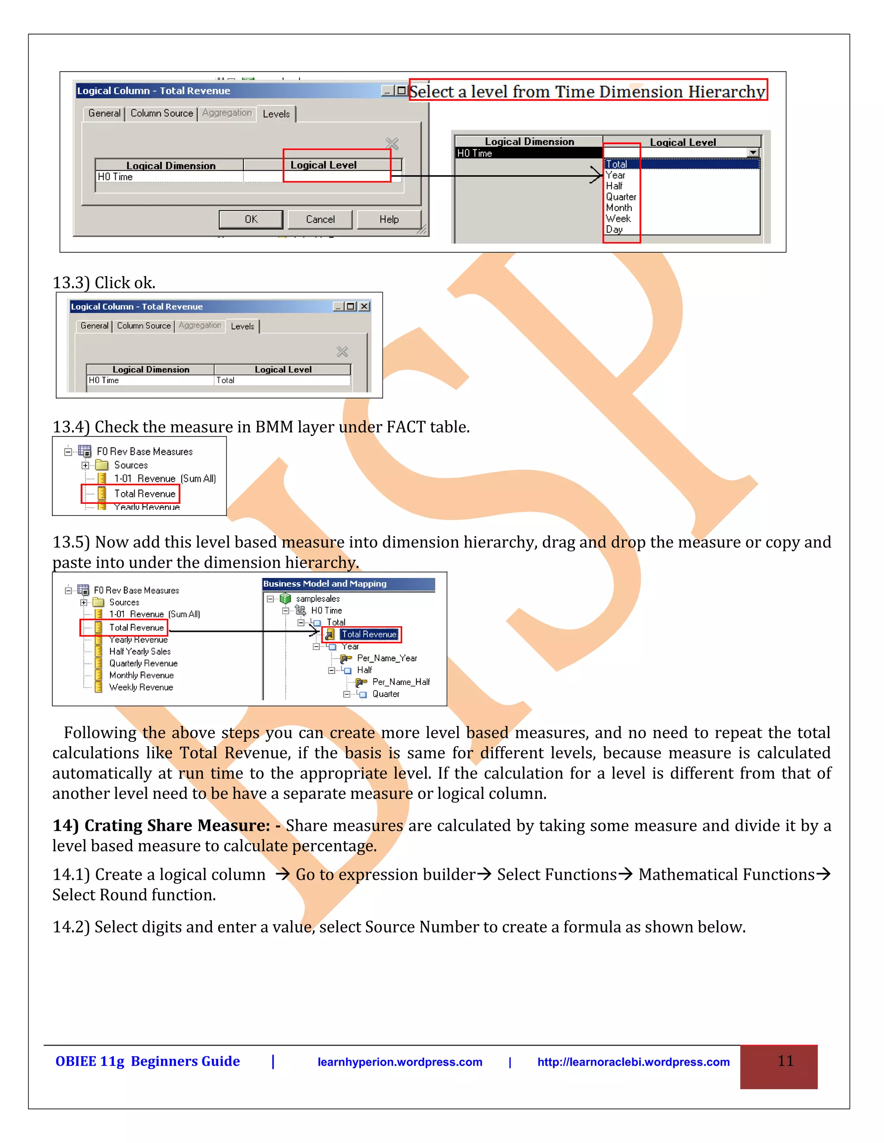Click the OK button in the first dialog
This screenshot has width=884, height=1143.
pyautogui.click(x=251, y=219)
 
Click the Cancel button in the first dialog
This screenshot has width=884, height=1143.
pyautogui.click(x=320, y=219)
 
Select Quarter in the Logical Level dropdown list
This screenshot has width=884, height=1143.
pyautogui.click(x=621, y=197)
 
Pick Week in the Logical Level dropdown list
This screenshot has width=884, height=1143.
pyautogui.click(x=618, y=218)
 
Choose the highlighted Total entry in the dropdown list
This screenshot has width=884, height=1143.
pyautogui.click(x=616, y=164)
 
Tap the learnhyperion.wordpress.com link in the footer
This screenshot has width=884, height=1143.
pyautogui.click(x=400, y=1061)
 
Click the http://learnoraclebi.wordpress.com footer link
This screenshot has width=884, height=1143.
pyautogui.click(x=633, y=1061)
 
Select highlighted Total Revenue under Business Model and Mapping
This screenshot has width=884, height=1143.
pyautogui.click(x=369, y=634)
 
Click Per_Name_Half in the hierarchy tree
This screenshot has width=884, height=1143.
pyautogui.click(x=401, y=681)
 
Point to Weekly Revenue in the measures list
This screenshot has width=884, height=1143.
pyautogui.click(x=141, y=687)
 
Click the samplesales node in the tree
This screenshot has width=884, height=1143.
pyautogui.click(x=317, y=598)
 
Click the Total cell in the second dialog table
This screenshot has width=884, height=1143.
pyautogui.click(x=226, y=380)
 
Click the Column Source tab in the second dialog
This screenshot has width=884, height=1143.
pyautogui.click(x=143, y=326)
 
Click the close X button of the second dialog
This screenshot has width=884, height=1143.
pyautogui.click(x=364, y=306)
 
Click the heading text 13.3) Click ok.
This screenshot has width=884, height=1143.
pyautogui.click(x=104, y=283)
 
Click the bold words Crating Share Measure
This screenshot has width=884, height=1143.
pyautogui.click(x=177, y=825)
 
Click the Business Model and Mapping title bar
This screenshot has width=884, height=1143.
pyautogui.click(x=348, y=584)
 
